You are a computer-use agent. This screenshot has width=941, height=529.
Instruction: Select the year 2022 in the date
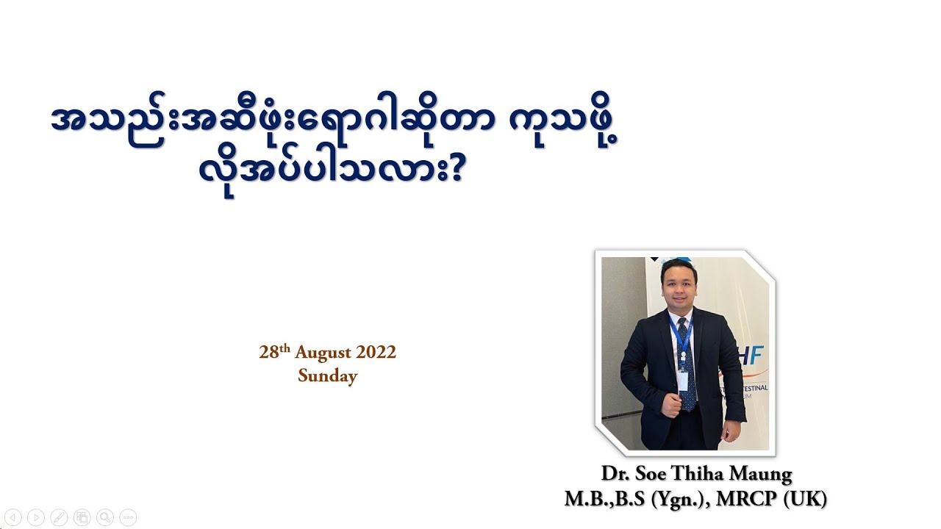(x=376, y=353)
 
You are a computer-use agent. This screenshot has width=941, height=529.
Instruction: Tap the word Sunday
(x=328, y=376)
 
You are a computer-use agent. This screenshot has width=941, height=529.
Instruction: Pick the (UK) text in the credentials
(x=805, y=500)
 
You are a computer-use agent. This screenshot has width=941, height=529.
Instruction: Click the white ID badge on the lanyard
(x=683, y=380)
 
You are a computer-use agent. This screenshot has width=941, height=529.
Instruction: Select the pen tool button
(x=59, y=517)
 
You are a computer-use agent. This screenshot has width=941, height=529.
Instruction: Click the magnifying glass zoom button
(x=105, y=517)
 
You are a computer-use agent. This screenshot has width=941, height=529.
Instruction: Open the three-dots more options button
(x=128, y=517)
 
